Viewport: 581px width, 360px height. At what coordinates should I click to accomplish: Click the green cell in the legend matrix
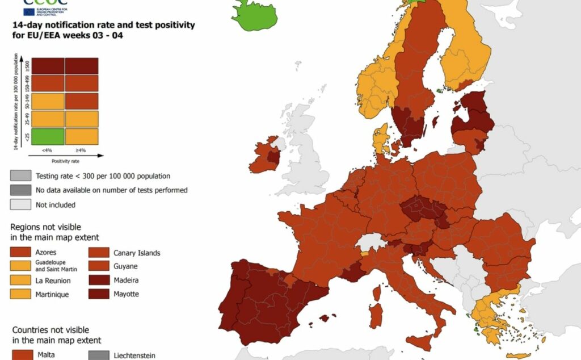coord(48,136)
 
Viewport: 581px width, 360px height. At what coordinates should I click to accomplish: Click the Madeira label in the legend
coord(126,280)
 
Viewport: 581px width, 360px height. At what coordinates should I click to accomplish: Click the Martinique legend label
coord(53,294)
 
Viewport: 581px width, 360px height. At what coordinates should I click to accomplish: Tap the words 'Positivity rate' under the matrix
coord(65,160)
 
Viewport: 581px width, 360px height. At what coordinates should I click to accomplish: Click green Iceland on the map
coord(254,14)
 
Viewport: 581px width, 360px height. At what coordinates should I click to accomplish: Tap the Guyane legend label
coord(126,266)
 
